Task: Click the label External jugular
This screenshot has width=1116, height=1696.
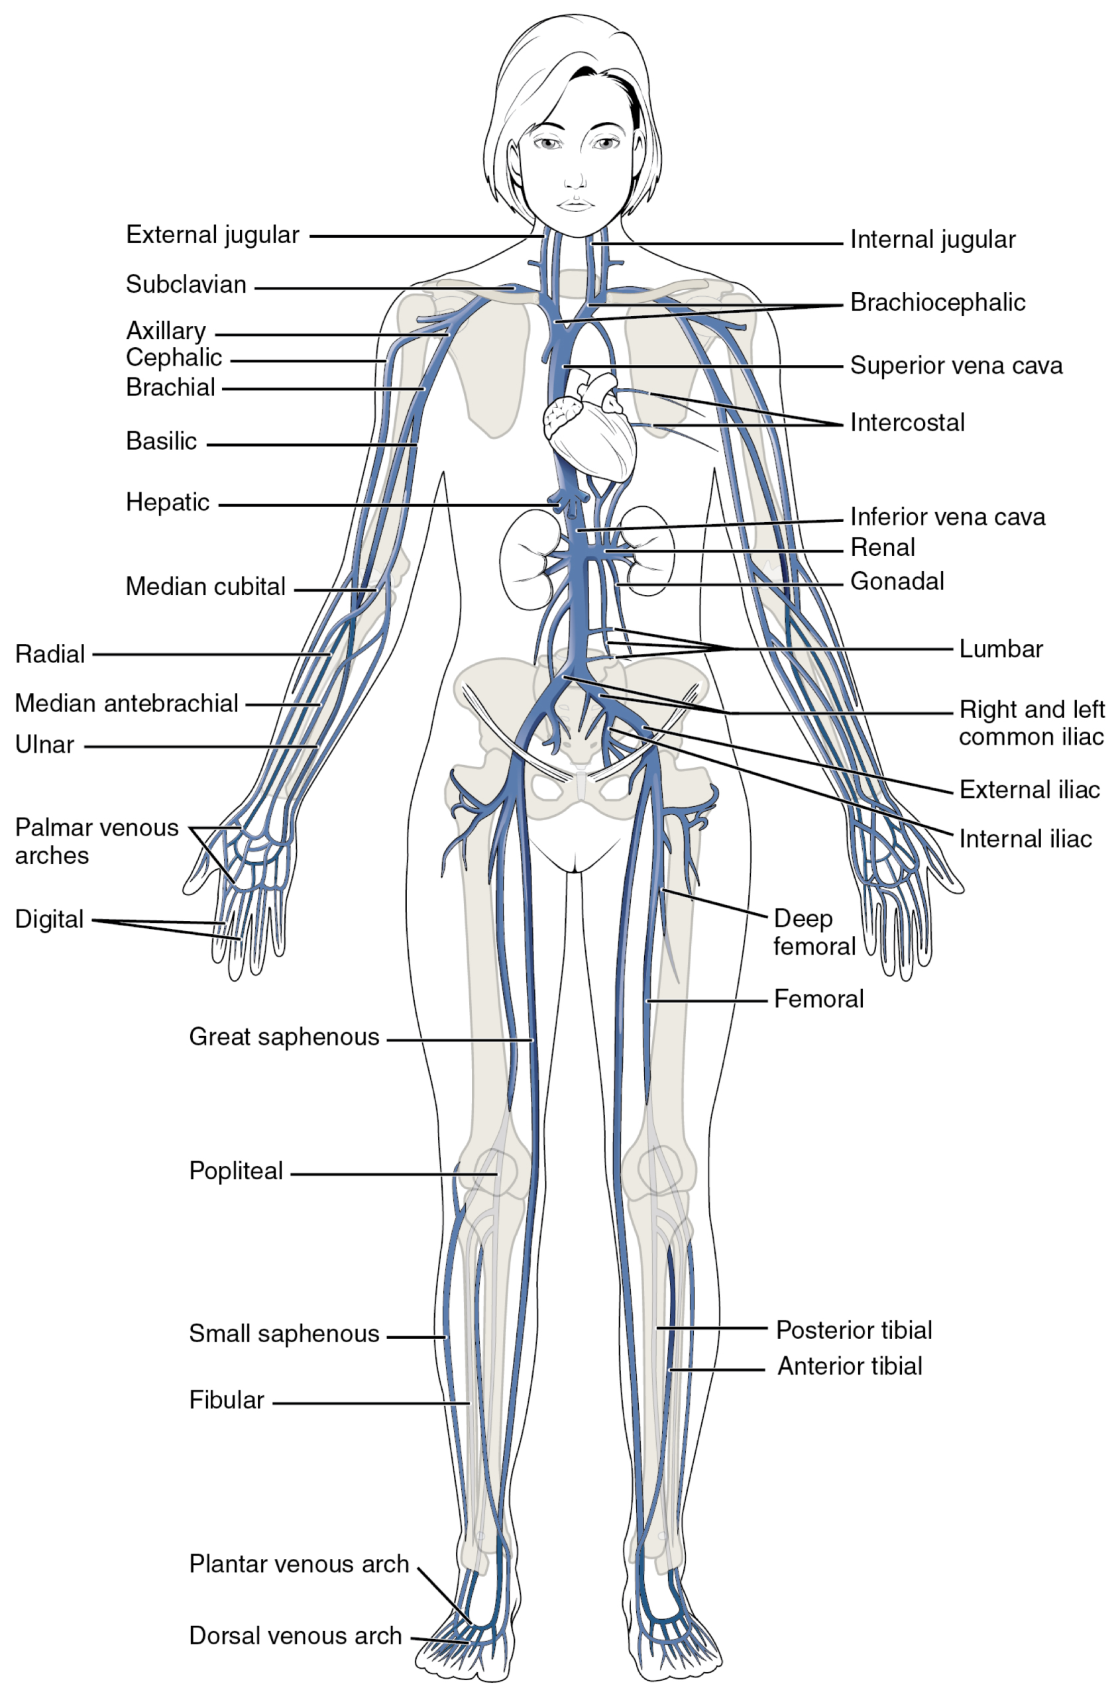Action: pyautogui.click(x=212, y=235)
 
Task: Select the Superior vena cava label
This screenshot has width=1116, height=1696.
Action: pyautogui.click(x=956, y=366)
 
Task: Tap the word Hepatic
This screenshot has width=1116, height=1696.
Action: pyautogui.click(x=168, y=502)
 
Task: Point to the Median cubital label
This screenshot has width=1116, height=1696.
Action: pyautogui.click(x=205, y=586)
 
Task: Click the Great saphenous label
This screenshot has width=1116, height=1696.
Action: pyautogui.click(x=284, y=1037)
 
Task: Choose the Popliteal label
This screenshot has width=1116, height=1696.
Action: pyautogui.click(x=236, y=1171)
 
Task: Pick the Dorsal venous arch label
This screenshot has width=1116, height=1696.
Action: pyautogui.click(x=295, y=1636)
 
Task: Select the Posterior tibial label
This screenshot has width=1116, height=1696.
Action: pyautogui.click(x=854, y=1330)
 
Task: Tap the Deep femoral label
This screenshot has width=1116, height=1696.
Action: pyautogui.click(x=814, y=932)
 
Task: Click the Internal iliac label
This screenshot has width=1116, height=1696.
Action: pyautogui.click(x=1025, y=839)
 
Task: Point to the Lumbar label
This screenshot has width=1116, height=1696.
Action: pyautogui.click(x=1001, y=649)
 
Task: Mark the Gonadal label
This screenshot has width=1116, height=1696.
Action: pyautogui.click(x=897, y=582)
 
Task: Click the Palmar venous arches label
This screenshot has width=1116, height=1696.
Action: pyautogui.click(x=97, y=841)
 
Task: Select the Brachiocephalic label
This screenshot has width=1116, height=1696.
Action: pyautogui.click(x=937, y=302)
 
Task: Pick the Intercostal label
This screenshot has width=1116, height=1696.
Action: pyautogui.click(x=907, y=423)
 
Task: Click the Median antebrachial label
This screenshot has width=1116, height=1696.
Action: pyautogui.click(x=126, y=704)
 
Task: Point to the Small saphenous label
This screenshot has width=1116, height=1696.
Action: pyautogui.click(x=284, y=1334)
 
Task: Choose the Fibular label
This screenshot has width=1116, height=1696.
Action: pyautogui.click(x=226, y=1401)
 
